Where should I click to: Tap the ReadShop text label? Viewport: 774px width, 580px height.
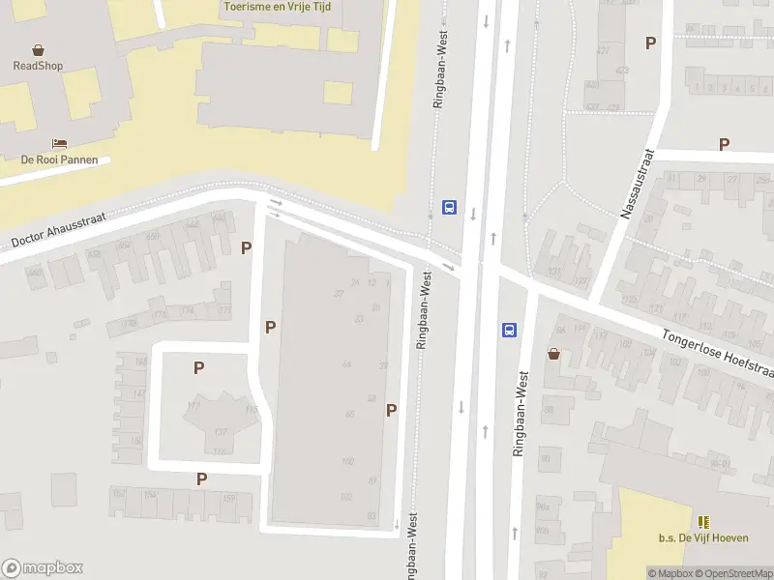click(38, 66)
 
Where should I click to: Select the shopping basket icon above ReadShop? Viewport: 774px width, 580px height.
click(38, 49)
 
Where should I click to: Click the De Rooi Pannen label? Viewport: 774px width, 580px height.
click(59, 159)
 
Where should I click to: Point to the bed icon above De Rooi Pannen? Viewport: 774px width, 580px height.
click(59, 143)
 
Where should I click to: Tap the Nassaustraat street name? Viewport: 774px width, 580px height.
click(638, 184)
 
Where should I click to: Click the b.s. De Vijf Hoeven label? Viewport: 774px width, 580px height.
click(703, 538)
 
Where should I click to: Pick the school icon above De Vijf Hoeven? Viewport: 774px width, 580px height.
click(703, 522)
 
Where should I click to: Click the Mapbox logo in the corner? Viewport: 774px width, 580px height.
click(43, 568)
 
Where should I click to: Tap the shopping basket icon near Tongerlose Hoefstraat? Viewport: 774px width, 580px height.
click(554, 354)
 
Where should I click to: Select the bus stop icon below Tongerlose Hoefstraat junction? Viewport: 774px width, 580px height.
click(509, 330)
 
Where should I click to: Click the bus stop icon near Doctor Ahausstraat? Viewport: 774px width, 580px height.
click(449, 207)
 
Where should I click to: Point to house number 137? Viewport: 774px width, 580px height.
click(221, 431)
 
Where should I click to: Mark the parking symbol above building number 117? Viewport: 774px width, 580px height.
click(198, 367)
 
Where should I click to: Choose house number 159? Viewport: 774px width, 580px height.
click(229, 498)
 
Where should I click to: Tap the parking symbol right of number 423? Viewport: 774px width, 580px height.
click(651, 43)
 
